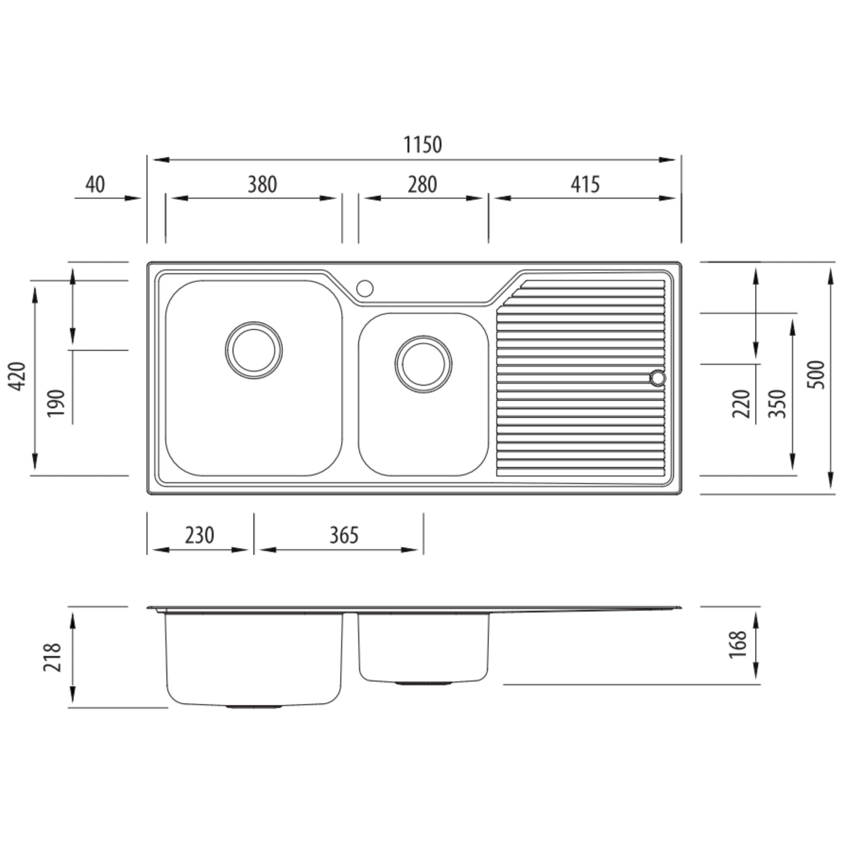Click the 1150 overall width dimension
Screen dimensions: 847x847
click(x=422, y=145)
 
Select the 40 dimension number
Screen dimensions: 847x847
click(x=95, y=184)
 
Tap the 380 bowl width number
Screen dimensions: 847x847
click(x=262, y=184)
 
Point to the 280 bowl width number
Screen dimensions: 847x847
click(x=422, y=184)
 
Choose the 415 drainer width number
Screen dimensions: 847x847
click(x=585, y=184)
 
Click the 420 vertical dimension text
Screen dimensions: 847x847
click(x=18, y=376)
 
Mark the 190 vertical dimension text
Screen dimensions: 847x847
click(x=56, y=403)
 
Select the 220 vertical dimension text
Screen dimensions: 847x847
click(x=742, y=404)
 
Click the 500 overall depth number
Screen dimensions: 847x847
click(x=816, y=375)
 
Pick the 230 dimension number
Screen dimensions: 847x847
click(x=199, y=535)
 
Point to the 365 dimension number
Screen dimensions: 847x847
click(x=344, y=535)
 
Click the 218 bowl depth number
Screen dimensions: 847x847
click(x=52, y=657)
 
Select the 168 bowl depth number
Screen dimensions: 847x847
click(x=738, y=644)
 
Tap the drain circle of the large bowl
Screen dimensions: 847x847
click(x=254, y=350)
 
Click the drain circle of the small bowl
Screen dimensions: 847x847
click(x=423, y=364)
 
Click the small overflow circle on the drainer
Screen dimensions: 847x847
click(x=658, y=378)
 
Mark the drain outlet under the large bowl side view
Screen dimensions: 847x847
click(x=254, y=707)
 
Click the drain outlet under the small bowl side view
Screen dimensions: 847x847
click(x=423, y=684)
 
